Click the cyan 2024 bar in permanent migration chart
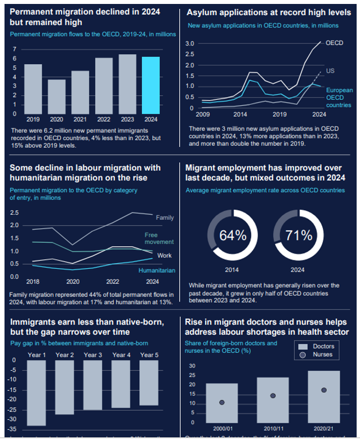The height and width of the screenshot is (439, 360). [x=150, y=85]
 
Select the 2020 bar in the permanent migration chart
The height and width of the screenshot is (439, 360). [x=56, y=96]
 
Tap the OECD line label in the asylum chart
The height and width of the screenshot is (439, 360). [x=335, y=43]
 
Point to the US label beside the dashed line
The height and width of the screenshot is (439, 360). [x=330, y=70]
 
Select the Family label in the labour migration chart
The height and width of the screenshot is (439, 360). [x=165, y=218]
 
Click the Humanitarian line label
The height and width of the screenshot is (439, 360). [x=157, y=271]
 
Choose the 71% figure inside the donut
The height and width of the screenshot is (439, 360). [x=299, y=236]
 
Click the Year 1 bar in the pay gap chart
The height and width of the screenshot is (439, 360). [x=37, y=393]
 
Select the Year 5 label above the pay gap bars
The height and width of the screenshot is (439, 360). [x=149, y=355]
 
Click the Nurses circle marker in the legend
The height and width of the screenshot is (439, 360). [x=303, y=354]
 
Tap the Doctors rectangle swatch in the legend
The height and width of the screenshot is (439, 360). [x=303, y=346]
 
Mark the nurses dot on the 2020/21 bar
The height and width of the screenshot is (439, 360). [x=324, y=390]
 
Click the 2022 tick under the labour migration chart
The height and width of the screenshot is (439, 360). [x=113, y=281]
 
